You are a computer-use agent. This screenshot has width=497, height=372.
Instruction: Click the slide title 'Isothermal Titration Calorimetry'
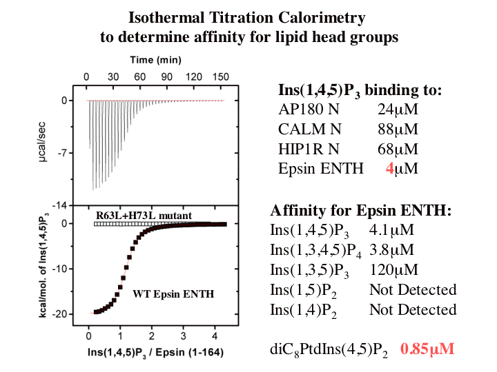click(248, 17)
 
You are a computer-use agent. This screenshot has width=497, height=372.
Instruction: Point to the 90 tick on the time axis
click(166, 76)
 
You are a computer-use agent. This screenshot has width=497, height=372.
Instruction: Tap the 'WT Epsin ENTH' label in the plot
click(173, 294)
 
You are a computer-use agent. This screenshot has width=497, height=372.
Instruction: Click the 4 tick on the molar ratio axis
click(215, 336)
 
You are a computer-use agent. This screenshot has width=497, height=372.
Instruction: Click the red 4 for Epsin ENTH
click(390, 169)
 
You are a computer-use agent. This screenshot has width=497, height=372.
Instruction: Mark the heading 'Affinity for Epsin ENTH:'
click(361, 210)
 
